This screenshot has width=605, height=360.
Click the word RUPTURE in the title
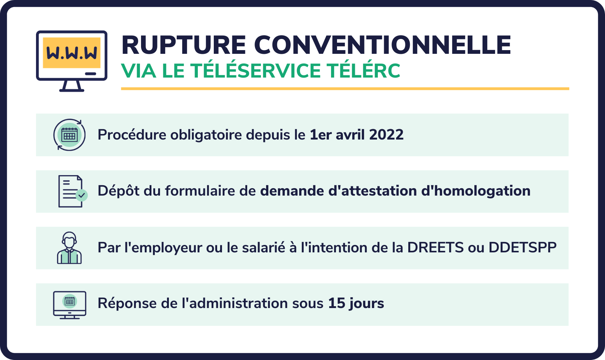[184, 45]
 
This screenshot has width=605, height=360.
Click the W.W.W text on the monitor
[72, 53]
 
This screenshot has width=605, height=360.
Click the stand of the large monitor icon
[72, 86]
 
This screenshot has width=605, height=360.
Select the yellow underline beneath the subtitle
[345, 89]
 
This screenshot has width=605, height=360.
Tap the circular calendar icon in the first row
[69, 135]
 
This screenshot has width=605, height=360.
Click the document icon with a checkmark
[71, 191]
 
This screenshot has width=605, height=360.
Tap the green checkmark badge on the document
[82, 195]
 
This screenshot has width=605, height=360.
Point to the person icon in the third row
[69, 248]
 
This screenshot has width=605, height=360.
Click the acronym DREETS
[435, 248]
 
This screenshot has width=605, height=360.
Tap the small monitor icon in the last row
[69, 305]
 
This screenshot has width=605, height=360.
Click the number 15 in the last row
[337, 303]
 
